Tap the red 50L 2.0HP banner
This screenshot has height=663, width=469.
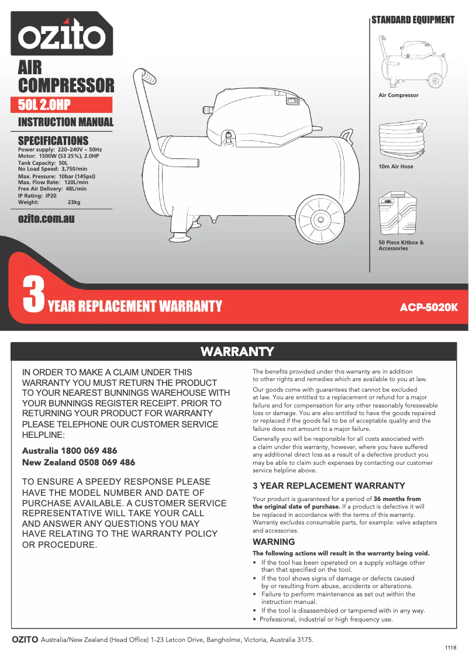(x=64, y=105)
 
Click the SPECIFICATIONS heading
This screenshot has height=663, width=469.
(x=53, y=140)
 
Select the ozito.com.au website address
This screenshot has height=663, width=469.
(x=46, y=219)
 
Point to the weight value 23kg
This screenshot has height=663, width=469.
(x=74, y=202)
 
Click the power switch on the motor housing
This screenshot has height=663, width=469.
(x=292, y=101)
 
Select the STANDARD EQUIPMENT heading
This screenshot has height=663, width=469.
(x=413, y=20)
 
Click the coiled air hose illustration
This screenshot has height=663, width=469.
(x=402, y=141)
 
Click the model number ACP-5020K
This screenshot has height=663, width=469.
(x=428, y=307)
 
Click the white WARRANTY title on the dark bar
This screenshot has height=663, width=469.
(x=237, y=351)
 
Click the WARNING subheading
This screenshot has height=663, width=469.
(x=274, y=542)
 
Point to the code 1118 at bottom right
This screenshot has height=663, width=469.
(x=450, y=648)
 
